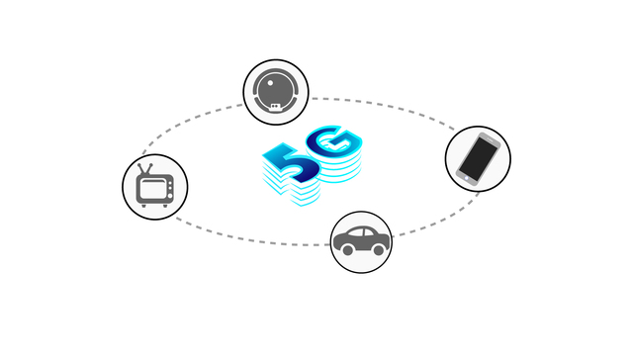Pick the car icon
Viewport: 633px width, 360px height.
coord(360,240)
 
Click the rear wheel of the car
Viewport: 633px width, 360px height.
coord(345,251)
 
